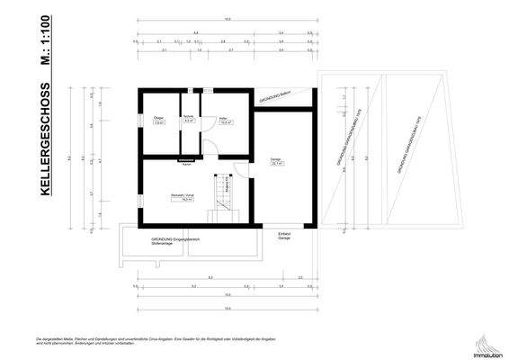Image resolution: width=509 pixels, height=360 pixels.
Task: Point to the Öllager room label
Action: pos(158,120)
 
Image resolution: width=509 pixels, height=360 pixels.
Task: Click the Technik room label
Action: pos(190,118)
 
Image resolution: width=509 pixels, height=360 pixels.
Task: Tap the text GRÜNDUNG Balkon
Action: pos(277,98)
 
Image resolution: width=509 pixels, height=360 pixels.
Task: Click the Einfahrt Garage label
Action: pos(284,236)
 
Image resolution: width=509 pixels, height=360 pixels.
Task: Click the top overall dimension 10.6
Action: pos(228,19)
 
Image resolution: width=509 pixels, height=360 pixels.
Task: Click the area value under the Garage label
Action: pos(277,165)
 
